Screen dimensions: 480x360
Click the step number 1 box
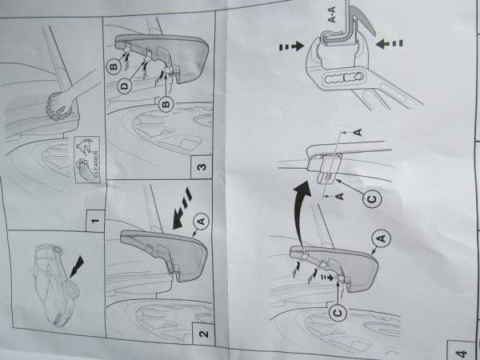pos(95,221)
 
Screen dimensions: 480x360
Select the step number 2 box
pos(202,334)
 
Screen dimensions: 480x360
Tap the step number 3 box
pos(201,167)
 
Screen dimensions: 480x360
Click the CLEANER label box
pos(87,159)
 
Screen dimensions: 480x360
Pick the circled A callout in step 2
pos(201,221)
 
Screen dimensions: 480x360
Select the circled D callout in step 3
pos(125,86)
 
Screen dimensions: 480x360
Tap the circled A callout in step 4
pos(381,238)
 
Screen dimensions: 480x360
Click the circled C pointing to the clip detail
pos(372,199)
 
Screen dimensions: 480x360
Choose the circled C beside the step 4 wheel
pos(338,313)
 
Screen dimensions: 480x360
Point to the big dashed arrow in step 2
pos(182,209)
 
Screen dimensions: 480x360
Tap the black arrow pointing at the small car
pos(77,267)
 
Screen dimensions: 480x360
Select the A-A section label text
pos(332,14)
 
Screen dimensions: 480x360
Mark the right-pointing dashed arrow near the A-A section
pos(291,46)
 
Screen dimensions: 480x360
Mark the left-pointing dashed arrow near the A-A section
pos(389,43)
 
